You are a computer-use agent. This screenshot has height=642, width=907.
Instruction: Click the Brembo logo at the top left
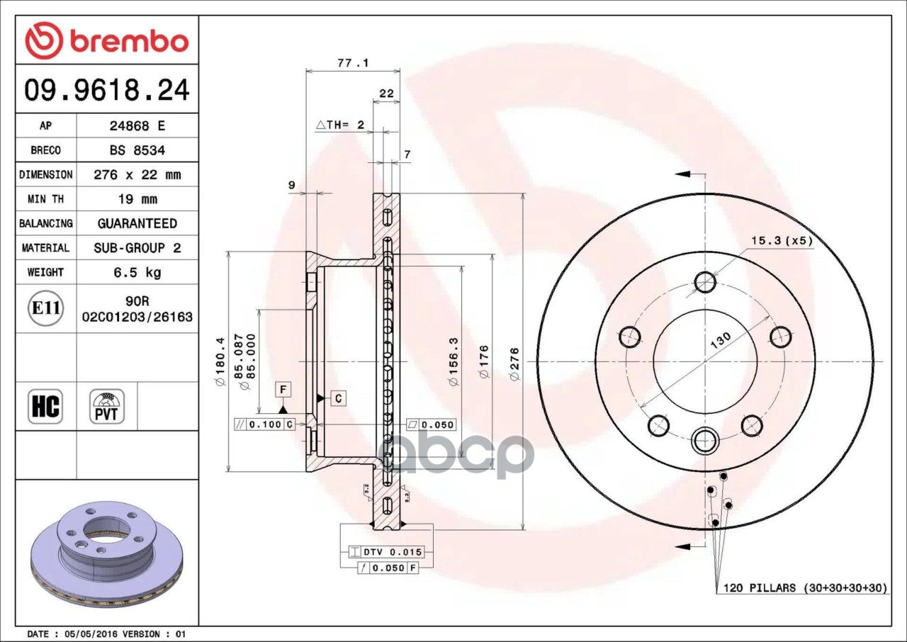coord(107,40)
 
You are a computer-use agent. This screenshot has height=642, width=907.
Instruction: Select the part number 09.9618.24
coord(107,89)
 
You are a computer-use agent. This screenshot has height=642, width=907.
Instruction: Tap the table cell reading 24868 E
coord(137,125)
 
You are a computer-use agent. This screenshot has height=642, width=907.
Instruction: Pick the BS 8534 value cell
coord(137,150)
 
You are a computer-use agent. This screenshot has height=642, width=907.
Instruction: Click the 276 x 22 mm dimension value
coord(137,174)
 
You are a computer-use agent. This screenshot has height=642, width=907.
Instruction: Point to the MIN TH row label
coord(46,198)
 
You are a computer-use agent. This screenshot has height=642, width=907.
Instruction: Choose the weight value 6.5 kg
coord(137,272)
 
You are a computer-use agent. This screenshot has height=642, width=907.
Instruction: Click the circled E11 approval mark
coord(46,308)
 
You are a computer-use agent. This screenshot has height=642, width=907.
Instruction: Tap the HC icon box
coord(45,407)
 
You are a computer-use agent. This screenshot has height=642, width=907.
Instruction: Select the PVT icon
coord(107,407)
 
